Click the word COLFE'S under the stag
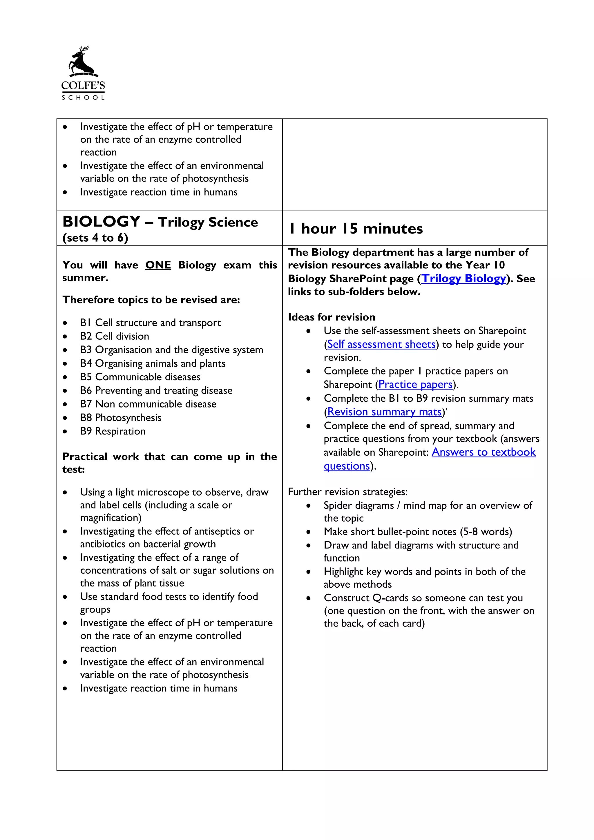tap(83, 86)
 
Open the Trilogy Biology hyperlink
tap(464, 278)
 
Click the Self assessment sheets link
tap(381, 344)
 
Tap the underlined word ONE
tap(158, 265)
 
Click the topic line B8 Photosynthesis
tap(121, 418)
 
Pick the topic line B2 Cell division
tap(115, 336)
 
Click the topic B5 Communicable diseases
tap(140, 377)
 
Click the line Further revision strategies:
tap(347, 492)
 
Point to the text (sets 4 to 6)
tap(95, 238)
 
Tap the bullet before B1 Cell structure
tap(65, 323)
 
